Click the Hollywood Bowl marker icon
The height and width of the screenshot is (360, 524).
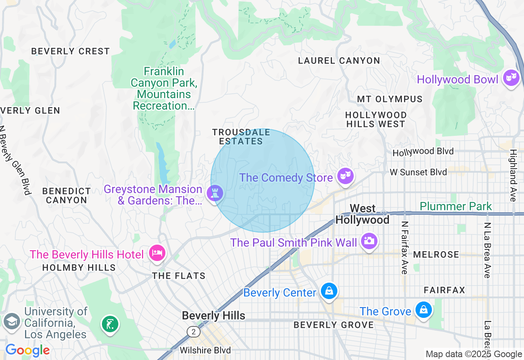tap(511, 77)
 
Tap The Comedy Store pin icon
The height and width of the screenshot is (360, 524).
tap(345, 176)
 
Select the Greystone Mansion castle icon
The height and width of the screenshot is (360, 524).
tap(214, 193)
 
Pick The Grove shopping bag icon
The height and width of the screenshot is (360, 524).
tap(423, 310)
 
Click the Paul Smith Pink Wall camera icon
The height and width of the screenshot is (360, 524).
tap(369, 241)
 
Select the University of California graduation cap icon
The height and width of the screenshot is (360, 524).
tap(12, 321)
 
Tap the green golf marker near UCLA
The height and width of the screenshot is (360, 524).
tap(110, 324)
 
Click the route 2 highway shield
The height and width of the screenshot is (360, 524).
tap(193, 331)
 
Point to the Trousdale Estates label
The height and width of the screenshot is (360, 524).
tap(241, 137)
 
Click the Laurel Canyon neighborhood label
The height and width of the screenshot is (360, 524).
tap(339, 61)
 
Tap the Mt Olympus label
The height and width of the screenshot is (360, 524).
tap(389, 99)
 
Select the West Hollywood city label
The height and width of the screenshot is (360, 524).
tap(362, 214)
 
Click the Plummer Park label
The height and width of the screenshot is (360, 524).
tap(456, 206)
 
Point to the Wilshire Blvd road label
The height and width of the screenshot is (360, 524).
tap(205, 351)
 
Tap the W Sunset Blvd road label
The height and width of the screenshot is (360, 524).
tap(418, 172)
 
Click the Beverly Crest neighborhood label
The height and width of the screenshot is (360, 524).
tap(70, 51)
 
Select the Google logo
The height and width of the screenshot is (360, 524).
tap(27, 351)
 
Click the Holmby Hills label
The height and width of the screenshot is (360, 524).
tap(79, 268)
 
